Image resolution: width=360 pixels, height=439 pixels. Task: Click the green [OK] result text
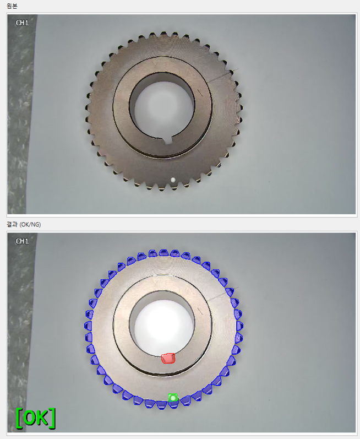[x=36, y=418]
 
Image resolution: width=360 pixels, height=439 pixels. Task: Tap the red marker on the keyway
[x=168, y=359]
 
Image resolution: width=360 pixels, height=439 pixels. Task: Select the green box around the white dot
[x=173, y=398]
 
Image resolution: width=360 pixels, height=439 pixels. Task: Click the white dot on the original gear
[x=173, y=180]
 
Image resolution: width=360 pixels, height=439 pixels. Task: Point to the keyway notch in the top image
[x=168, y=140]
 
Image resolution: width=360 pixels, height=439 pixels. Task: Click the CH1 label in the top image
[x=22, y=23]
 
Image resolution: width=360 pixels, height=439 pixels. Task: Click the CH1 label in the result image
[x=22, y=241]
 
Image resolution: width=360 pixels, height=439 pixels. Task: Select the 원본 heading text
[x=12, y=6]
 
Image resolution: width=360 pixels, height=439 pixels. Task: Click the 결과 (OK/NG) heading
[x=24, y=225]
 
